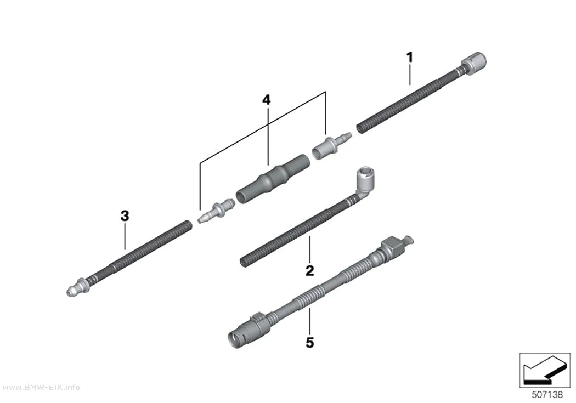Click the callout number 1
410,58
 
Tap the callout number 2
310,270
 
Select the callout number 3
125,216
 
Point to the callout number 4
266,100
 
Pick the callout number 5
310,343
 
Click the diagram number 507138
547,395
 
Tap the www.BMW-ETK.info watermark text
40,388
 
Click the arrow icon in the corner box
544,371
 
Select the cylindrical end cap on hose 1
473,63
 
